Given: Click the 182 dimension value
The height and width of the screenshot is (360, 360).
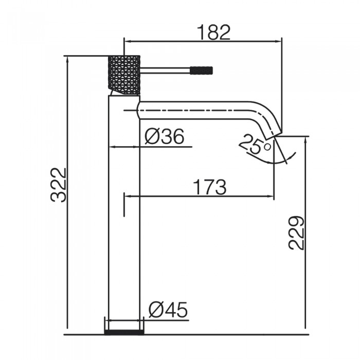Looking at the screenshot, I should [213, 32].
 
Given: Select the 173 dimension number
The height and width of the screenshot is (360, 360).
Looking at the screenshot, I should [209, 187].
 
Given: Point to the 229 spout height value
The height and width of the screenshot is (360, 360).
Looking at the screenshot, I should [297, 232].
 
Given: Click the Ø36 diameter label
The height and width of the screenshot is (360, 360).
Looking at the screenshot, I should [164, 137].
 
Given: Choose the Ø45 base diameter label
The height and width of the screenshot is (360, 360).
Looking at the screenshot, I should [168, 310].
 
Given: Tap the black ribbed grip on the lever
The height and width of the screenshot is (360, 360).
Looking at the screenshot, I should [202, 69].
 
